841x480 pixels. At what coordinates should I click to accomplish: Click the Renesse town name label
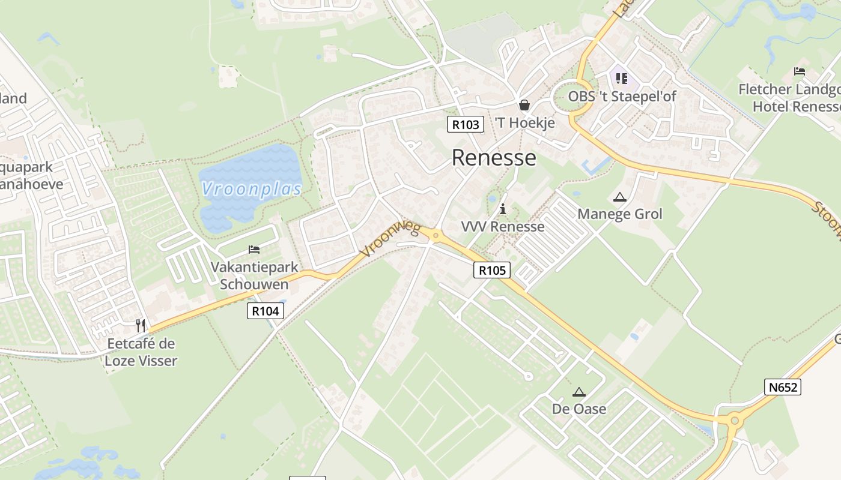(x=493, y=157)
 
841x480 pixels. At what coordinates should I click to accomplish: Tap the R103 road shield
(x=466, y=124)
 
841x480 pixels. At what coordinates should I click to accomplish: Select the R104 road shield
(x=265, y=311)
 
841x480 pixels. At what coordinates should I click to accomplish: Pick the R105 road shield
(x=492, y=270)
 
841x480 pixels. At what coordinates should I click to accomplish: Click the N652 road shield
(x=783, y=387)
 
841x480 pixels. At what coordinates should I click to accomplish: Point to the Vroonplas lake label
(x=251, y=189)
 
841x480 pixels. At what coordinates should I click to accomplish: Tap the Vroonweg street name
(x=390, y=238)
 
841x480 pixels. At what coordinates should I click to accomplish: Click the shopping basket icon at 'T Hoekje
(x=524, y=106)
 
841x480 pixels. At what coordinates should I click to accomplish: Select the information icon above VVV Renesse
(x=503, y=209)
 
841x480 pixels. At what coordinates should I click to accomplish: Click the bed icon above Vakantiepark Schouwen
(x=254, y=250)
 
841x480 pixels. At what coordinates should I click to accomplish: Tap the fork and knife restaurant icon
(x=141, y=326)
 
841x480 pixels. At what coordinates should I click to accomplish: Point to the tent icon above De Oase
(x=579, y=392)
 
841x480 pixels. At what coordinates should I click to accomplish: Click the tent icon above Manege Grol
(x=619, y=197)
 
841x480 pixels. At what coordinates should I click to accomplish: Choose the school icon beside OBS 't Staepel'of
(x=622, y=78)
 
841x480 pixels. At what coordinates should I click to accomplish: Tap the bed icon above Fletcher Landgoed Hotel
(x=800, y=71)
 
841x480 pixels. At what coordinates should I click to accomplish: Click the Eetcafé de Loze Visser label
(x=141, y=352)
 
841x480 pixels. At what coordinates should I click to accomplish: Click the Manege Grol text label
(x=619, y=214)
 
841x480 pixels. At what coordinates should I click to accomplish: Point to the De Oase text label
(x=579, y=409)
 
